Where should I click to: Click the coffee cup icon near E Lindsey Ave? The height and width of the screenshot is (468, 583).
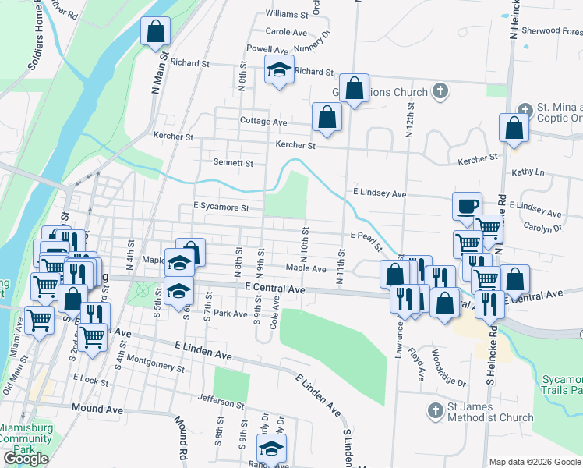468,206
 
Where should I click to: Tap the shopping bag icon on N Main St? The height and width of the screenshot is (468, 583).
155,31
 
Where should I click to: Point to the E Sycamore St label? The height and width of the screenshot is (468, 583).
221,208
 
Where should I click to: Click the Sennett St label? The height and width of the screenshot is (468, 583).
234,163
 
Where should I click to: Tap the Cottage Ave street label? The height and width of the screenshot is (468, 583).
263,122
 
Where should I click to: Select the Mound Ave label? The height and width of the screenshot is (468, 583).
97,408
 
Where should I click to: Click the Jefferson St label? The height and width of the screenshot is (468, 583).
221,403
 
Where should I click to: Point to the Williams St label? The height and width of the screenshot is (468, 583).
287,14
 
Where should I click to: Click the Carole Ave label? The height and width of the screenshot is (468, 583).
286,32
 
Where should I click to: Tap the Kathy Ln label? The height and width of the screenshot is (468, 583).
528,172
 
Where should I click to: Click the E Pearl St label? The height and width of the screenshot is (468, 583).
366,237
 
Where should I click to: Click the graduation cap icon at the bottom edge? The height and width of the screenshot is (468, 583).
272,449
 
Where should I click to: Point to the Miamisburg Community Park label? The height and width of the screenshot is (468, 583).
25,438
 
